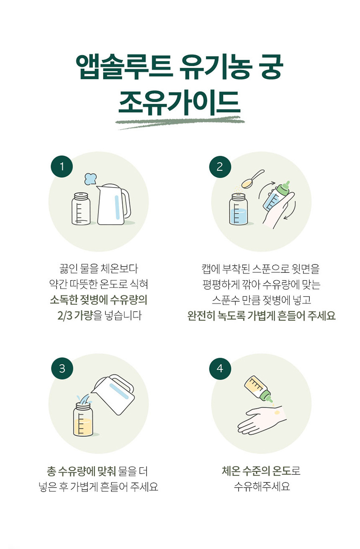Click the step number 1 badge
[x=62, y=167]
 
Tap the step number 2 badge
[x=220, y=167]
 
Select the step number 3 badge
[x=62, y=368]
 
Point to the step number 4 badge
[x=220, y=368]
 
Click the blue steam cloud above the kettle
[x=90, y=179]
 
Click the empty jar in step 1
[x=81, y=209]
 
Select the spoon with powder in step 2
[x=252, y=179]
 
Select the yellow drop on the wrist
[x=277, y=413]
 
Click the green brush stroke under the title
[x=180, y=122]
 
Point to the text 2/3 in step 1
[x=65, y=316]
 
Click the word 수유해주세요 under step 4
[x=262, y=486]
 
